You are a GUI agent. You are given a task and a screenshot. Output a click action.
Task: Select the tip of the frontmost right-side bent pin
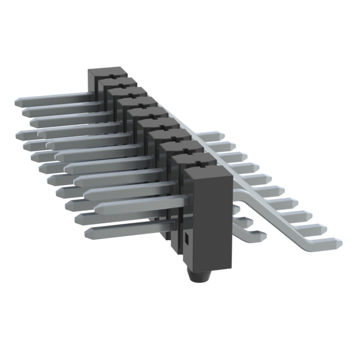tap(337, 243)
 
